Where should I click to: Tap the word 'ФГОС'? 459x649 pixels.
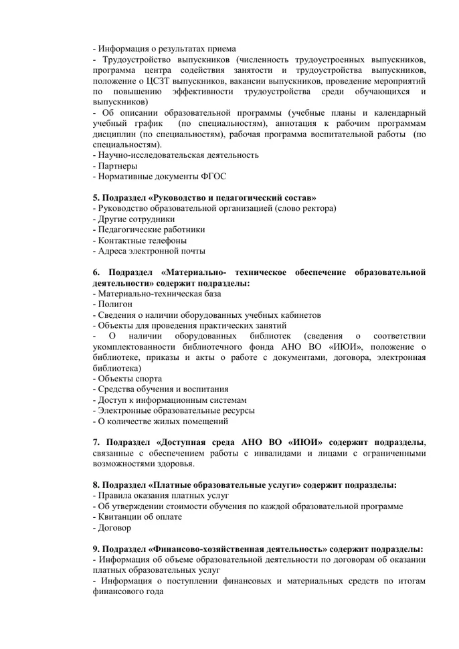[x=214, y=177]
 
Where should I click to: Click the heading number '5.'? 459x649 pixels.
[x=96, y=197]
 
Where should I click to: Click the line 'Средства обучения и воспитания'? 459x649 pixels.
[x=163, y=389]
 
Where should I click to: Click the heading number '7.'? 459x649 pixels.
[x=96, y=442]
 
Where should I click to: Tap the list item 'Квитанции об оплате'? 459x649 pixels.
[x=139, y=517]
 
